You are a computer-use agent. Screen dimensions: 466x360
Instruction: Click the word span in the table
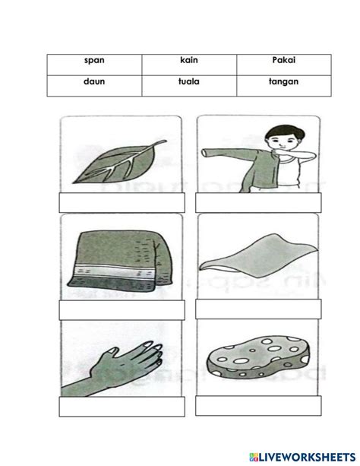[94, 60]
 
